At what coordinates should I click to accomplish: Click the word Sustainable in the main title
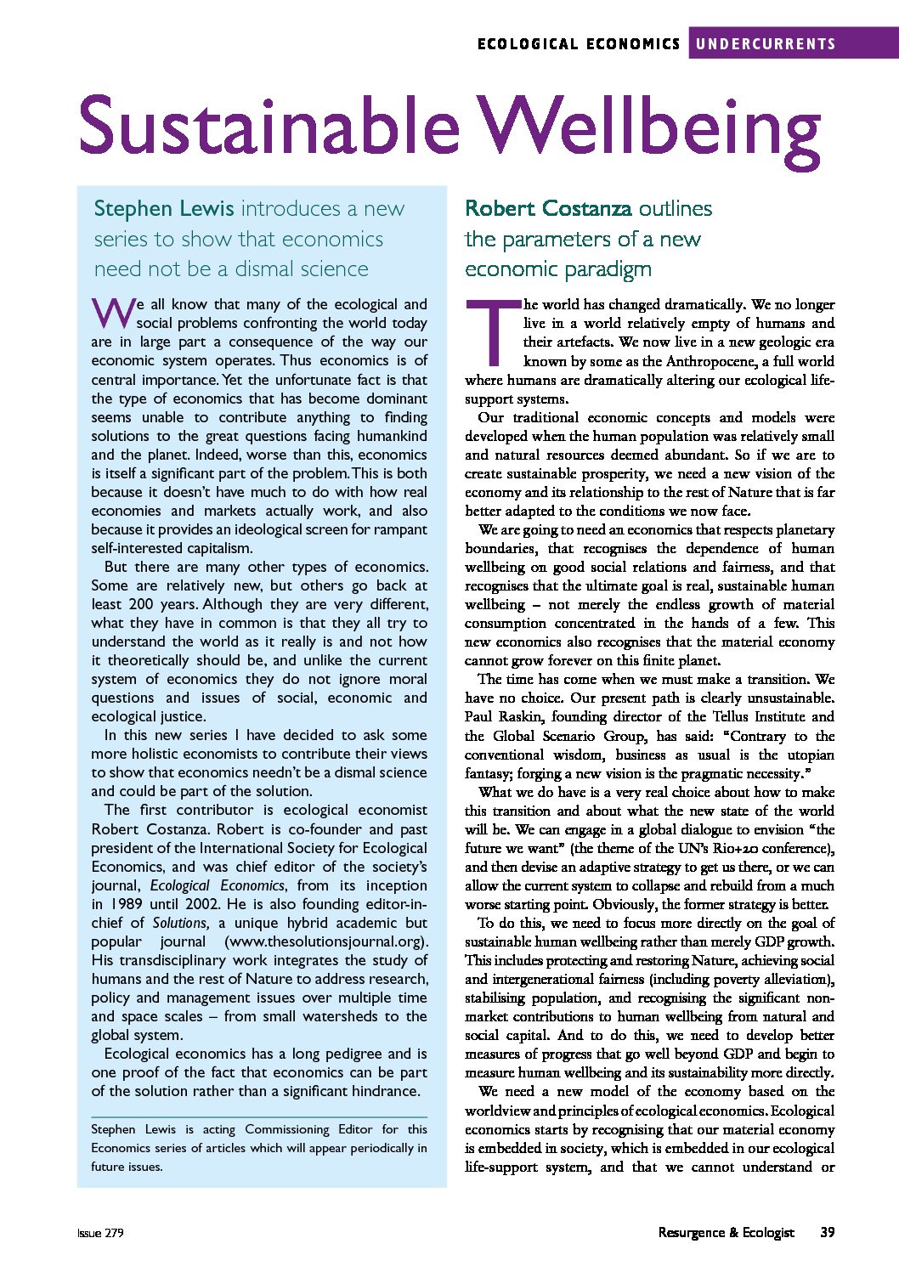(269, 126)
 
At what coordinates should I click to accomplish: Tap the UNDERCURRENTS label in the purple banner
(766, 44)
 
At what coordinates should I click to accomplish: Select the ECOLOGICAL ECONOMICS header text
(579, 44)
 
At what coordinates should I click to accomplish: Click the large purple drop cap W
(111, 314)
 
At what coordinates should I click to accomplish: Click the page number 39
(826, 1232)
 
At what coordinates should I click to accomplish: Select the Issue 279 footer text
(100, 1233)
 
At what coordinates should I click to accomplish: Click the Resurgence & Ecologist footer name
(726, 1232)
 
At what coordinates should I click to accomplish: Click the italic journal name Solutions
(180, 923)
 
